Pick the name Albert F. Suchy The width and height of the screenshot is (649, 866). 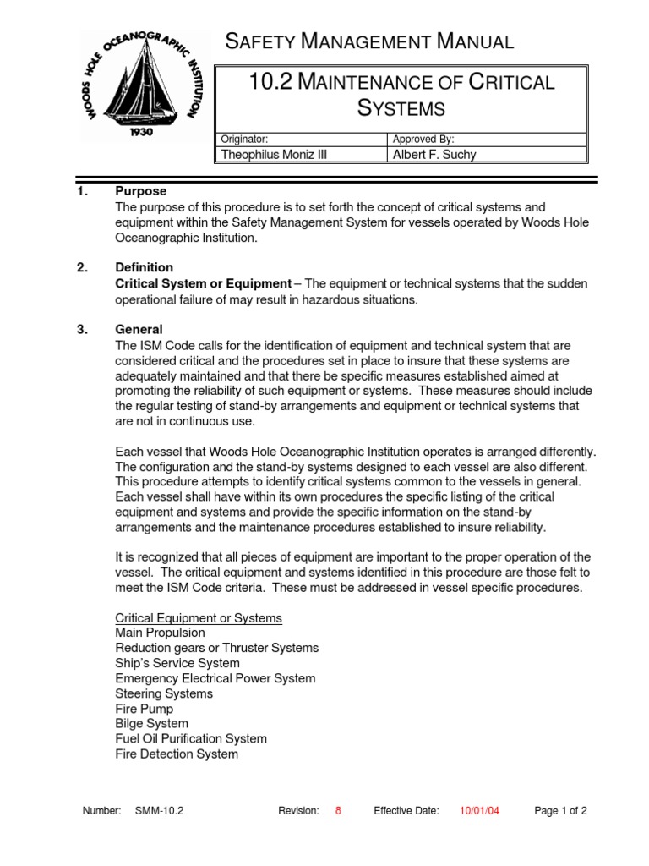tap(435, 154)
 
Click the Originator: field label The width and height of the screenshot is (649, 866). tap(244, 139)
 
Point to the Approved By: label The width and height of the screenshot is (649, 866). tap(423, 139)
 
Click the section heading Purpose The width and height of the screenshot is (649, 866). tap(140, 192)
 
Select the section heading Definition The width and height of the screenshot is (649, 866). tap(144, 268)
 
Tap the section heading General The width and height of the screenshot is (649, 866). tap(139, 329)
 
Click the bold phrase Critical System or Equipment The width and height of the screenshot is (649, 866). tap(203, 283)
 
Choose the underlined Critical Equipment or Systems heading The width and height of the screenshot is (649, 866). tap(199, 618)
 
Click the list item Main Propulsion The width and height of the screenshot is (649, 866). tap(160, 633)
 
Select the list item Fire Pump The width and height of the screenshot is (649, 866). tap(144, 709)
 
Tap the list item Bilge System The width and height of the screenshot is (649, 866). tap(151, 724)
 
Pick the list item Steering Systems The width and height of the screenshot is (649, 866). tap(164, 693)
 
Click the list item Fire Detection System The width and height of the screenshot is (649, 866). tap(177, 754)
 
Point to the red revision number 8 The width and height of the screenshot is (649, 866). tap(339, 810)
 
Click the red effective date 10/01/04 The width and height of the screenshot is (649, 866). tap(479, 810)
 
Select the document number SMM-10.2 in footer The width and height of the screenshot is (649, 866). tap(159, 810)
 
